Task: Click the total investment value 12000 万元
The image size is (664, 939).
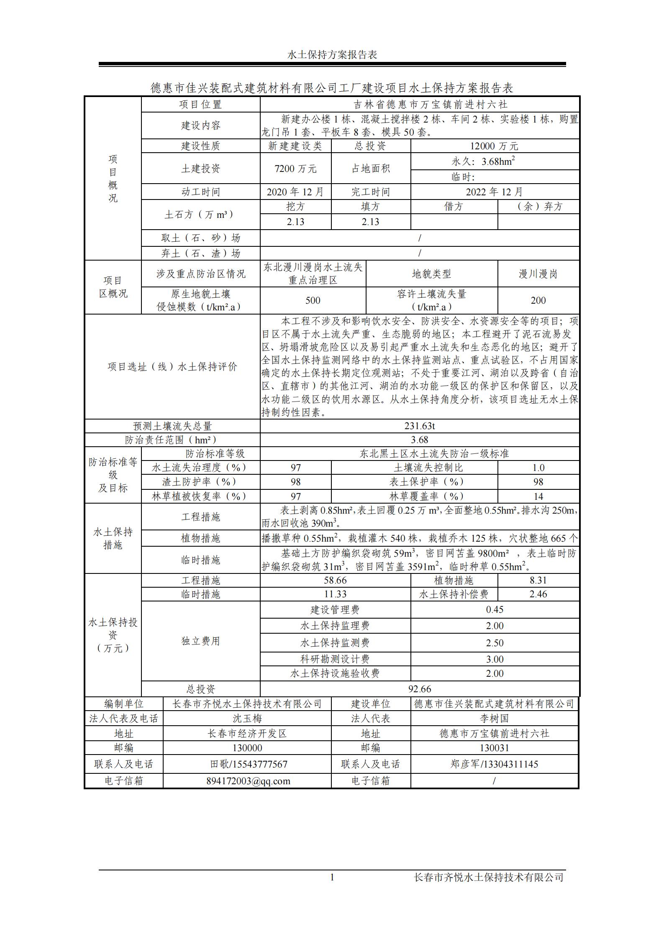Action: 494,146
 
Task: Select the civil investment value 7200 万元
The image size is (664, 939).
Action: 295,169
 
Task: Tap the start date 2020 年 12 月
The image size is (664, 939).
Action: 295,192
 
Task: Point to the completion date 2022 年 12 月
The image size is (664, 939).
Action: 494,192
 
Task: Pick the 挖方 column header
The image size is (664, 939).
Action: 295,207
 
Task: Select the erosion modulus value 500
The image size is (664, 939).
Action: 313,300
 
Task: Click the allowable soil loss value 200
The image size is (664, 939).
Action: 538,300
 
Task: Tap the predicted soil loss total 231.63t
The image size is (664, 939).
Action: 419,426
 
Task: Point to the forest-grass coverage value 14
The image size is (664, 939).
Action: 538,496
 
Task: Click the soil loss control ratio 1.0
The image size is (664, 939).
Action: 538,468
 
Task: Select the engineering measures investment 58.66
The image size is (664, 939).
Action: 335,580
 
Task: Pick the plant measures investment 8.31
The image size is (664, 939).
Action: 538,580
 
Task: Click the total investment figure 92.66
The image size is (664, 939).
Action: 419,689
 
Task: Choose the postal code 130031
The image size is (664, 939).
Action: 494,747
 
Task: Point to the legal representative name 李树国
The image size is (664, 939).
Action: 494,719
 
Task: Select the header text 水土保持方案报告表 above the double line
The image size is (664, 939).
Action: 332,55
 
